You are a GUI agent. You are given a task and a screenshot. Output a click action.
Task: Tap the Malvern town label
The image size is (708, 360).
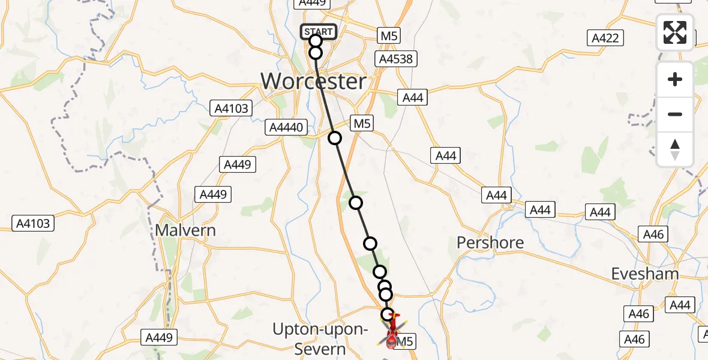pos(185,230)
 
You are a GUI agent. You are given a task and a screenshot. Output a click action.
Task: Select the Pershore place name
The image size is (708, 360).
pos(490,242)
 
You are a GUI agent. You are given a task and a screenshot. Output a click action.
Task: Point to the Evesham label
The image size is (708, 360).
pos(645,274)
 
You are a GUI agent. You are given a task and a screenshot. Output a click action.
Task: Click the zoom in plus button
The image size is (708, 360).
pos(675,79)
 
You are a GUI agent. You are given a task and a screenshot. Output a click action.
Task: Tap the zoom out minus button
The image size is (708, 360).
pos(675,114)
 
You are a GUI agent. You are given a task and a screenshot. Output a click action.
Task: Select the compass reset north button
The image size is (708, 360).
pos(675,149)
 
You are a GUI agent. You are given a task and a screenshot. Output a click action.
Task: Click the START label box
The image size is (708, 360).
pos(318,32)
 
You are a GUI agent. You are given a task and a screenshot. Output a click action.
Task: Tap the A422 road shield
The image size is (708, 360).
pos(605,38)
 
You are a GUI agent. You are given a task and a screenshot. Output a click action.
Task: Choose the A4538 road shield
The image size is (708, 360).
pos(395,59)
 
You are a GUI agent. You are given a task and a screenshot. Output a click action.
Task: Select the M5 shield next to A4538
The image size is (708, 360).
pos(389,36)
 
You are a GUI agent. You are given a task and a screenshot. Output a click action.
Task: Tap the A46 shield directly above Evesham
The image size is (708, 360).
pos(653,234)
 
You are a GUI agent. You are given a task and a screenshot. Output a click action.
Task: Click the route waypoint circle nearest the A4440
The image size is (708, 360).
pos(335,139)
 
